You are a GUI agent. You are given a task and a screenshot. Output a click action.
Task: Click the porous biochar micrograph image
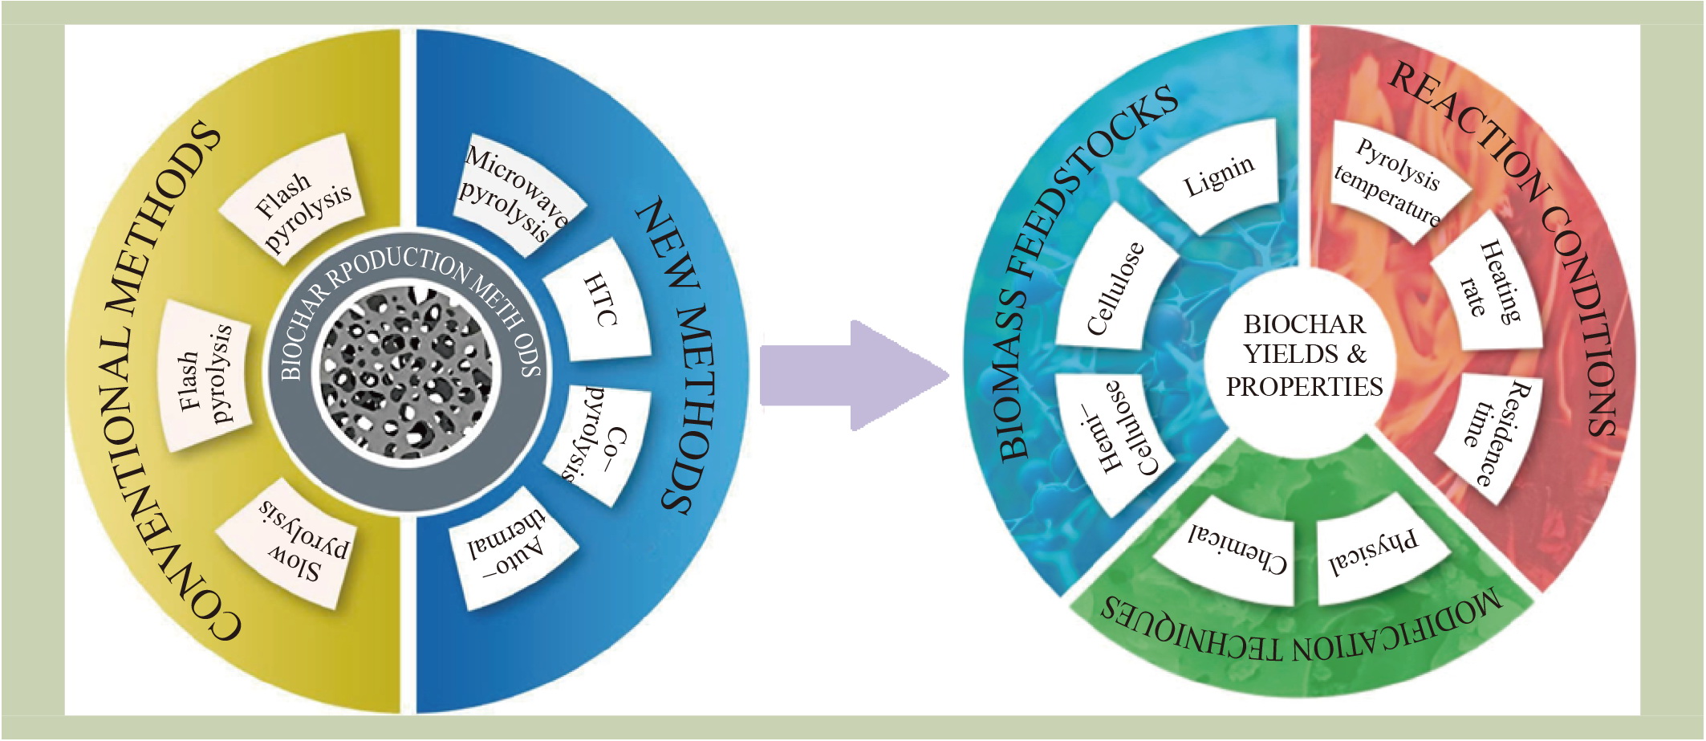point(408,373)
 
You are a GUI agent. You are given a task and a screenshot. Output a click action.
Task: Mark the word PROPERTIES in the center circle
point(1304,387)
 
